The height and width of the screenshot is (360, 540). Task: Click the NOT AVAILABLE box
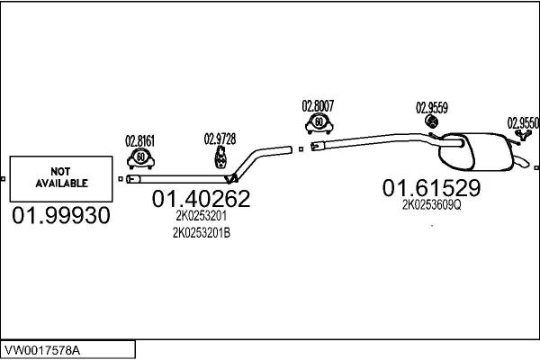click(x=61, y=179)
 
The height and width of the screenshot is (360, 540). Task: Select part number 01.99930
click(x=61, y=216)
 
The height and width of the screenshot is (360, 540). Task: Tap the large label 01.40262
click(x=201, y=199)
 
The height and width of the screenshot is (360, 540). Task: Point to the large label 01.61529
click(x=431, y=188)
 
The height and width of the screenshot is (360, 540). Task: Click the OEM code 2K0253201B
click(x=202, y=233)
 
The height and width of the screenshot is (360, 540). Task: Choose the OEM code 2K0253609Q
click(x=431, y=205)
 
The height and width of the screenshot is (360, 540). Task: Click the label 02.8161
click(x=139, y=141)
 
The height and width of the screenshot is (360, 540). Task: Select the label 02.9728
click(x=220, y=139)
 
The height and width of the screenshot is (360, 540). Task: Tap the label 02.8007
click(x=318, y=106)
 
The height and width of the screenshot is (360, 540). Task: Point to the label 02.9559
click(x=432, y=108)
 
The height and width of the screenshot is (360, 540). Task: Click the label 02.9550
click(x=523, y=123)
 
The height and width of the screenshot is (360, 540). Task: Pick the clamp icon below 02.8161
click(x=140, y=158)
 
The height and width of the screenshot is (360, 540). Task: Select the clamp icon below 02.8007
click(x=319, y=123)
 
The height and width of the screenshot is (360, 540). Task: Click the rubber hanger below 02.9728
click(x=220, y=157)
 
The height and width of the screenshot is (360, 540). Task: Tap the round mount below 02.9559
click(x=431, y=121)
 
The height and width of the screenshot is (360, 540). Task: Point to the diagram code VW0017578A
click(x=42, y=350)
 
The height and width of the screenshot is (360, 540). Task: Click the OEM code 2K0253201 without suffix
click(x=201, y=216)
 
